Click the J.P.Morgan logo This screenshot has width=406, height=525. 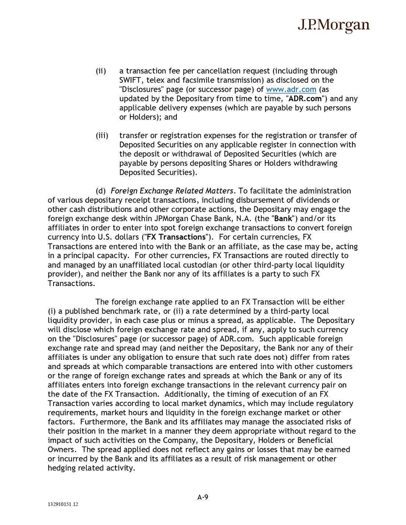tap(333, 25)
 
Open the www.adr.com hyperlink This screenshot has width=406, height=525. tap(291, 90)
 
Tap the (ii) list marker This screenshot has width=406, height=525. tap(101, 71)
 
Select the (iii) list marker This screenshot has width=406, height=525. tap(102, 136)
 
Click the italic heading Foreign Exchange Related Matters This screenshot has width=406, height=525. tap(172, 191)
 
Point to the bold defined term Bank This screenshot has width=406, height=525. tap(283, 219)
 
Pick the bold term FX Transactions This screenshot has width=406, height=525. tap(176, 237)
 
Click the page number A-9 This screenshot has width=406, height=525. tap(203, 497)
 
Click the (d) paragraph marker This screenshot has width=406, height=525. tap(100, 191)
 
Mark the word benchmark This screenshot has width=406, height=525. tap(121, 311)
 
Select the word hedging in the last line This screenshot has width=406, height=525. tap(61, 468)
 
